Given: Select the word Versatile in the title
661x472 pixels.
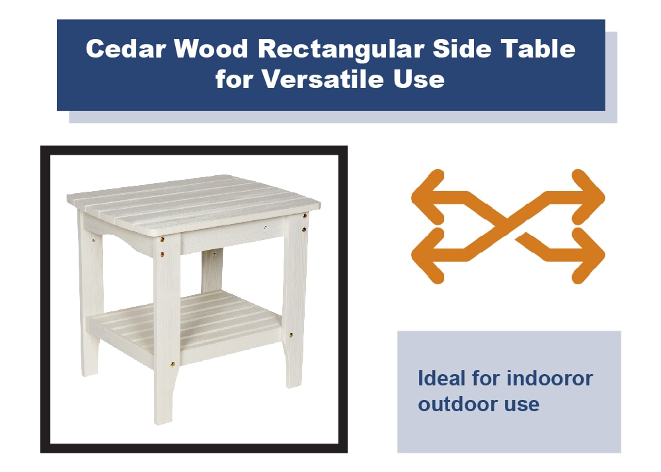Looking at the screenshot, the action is pos(323,79).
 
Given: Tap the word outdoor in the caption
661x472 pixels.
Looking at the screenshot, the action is pos(451,404).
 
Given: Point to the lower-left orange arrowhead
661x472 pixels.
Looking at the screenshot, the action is pos(426,255).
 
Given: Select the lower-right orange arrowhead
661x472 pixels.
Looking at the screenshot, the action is pos(590,255).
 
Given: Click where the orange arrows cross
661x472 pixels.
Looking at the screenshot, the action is pos(508,225).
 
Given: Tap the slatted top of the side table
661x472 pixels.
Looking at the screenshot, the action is pos(194,202).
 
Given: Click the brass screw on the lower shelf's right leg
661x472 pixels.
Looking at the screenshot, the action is pos(292,335).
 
